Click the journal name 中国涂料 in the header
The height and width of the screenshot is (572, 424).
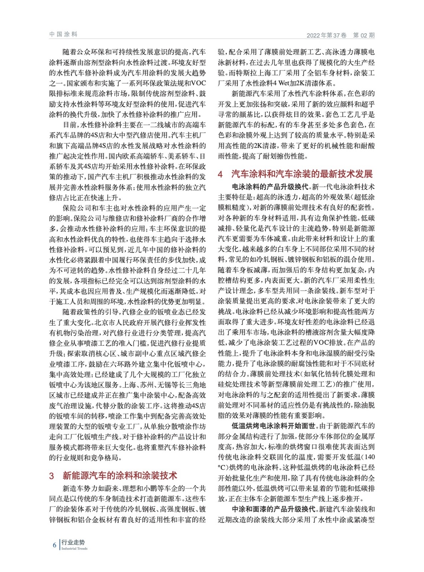coord(63,34)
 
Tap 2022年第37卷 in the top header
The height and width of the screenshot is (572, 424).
coord(326,35)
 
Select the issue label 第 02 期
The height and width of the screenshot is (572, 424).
coord(364,35)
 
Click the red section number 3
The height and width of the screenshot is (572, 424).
coord(51,475)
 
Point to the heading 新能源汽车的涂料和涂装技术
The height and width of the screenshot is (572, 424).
coord(120,475)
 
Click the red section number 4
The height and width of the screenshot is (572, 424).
coord(220,174)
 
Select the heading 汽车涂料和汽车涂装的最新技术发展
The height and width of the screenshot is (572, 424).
coord(302,174)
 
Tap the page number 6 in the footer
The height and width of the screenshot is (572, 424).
coord(54,545)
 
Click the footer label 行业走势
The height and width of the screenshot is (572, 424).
coord(73,542)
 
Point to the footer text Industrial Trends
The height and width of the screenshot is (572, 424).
coord(74,548)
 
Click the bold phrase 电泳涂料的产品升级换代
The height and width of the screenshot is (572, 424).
coord(270,187)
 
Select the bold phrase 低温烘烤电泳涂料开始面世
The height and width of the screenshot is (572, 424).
coord(274,426)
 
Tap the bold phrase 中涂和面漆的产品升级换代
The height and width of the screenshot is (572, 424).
coord(274,509)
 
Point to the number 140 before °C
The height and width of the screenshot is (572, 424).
coord(369,457)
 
